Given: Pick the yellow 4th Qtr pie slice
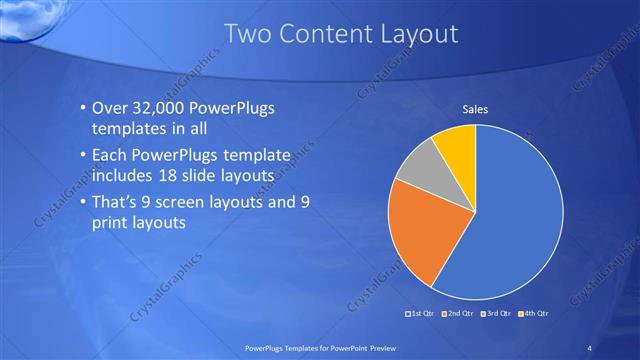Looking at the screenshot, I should (457, 143).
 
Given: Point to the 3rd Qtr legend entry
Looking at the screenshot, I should (496, 313).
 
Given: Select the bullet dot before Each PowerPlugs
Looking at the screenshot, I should (82, 156).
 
